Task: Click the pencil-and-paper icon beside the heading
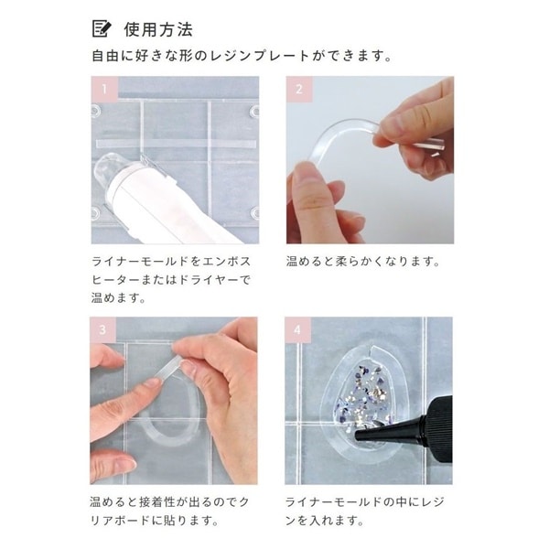click(102, 28)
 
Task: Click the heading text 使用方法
click(158, 29)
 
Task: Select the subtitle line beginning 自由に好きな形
click(242, 56)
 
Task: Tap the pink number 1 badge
click(104, 90)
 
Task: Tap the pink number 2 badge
click(299, 90)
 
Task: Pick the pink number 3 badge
click(102, 329)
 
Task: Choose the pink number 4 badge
click(298, 329)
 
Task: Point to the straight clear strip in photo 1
click(176, 144)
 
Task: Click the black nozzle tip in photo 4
click(364, 436)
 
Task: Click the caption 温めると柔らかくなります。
click(363, 262)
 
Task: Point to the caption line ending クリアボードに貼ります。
click(155, 521)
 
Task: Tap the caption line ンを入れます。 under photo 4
click(325, 521)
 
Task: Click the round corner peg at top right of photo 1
click(254, 112)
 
